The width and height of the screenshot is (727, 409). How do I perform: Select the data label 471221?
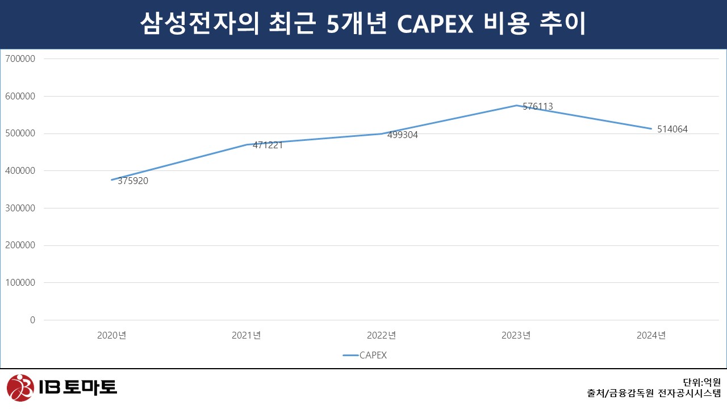click(x=268, y=145)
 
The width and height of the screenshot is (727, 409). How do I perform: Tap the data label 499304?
click(x=403, y=135)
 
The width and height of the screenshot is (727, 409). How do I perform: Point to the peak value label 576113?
click(x=537, y=107)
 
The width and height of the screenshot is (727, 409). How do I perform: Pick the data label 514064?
click(x=672, y=130)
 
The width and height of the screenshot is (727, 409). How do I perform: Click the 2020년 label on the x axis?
click(x=111, y=335)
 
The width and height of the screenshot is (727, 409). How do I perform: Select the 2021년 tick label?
click(x=246, y=335)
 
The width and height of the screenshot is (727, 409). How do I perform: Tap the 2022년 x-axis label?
click(x=381, y=335)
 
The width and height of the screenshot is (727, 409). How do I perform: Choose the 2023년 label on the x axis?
click(x=516, y=335)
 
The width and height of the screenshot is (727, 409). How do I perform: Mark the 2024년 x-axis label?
click(x=651, y=335)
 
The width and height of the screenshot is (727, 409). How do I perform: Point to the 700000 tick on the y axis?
click(x=20, y=59)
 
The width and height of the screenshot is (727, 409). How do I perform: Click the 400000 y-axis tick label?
click(x=20, y=170)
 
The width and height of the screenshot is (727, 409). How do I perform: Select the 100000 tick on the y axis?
click(x=20, y=282)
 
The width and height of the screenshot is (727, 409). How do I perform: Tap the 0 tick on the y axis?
click(x=32, y=320)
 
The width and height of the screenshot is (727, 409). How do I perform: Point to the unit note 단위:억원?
click(x=701, y=382)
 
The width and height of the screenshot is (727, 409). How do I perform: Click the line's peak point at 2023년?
click(x=516, y=105)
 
